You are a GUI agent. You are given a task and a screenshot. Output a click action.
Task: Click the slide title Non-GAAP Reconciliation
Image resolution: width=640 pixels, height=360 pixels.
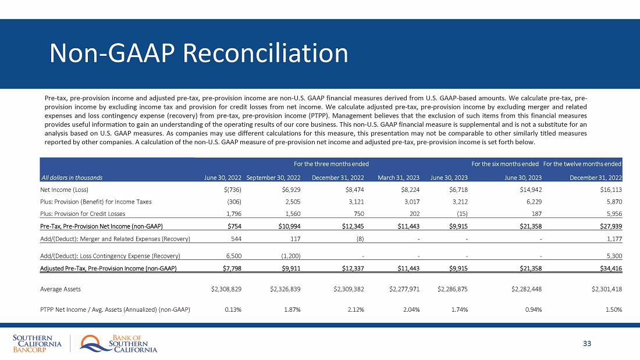click(199, 53)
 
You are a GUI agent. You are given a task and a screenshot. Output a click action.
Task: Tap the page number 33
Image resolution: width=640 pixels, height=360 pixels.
click(587, 344)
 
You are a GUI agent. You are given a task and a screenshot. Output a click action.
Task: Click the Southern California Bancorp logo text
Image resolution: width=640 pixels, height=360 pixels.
click(36, 344)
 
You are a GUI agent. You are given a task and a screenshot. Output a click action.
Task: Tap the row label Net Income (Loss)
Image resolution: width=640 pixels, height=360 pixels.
click(63, 190)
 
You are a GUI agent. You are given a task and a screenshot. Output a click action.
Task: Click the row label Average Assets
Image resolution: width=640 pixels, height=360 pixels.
click(61, 288)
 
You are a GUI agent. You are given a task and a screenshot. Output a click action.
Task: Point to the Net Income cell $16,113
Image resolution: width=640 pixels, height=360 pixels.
click(610, 190)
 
